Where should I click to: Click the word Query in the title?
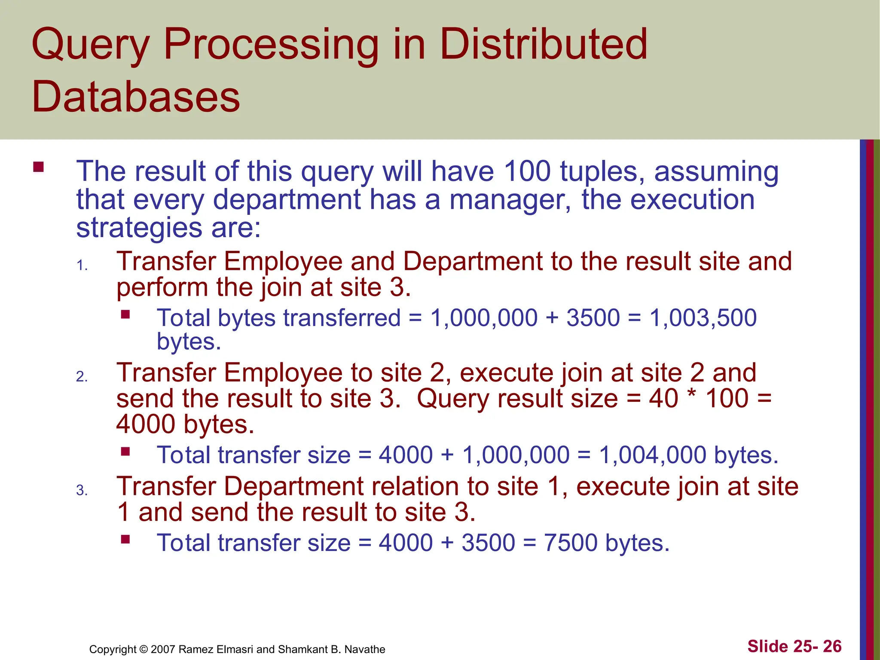(x=91, y=45)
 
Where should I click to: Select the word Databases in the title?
(x=136, y=97)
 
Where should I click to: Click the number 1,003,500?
(x=703, y=318)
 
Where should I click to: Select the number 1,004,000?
(x=653, y=455)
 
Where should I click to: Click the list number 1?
(x=82, y=266)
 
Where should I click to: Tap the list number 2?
(x=82, y=377)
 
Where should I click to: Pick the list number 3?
(x=82, y=490)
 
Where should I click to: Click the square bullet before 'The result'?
(x=39, y=167)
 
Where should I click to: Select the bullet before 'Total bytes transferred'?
(x=125, y=315)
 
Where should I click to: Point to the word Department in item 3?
(x=294, y=487)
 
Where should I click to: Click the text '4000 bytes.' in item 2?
(x=185, y=425)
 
